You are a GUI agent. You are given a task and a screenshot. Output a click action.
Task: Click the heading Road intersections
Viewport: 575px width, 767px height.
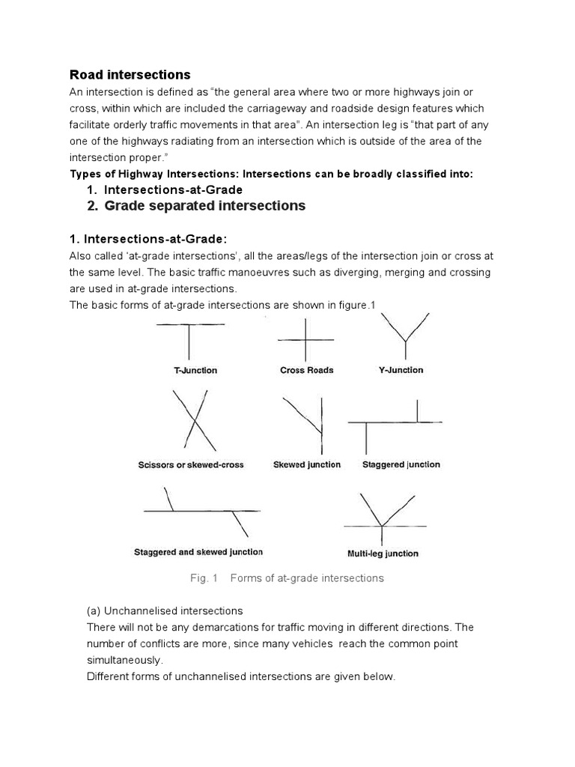(x=130, y=75)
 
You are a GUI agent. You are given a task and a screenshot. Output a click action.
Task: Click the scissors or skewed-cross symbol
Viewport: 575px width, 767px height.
(x=194, y=421)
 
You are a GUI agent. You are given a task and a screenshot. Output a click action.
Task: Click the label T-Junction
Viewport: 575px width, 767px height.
(x=190, y=370)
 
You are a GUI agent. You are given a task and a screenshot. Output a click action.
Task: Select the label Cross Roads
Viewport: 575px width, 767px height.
(x=307, y=370)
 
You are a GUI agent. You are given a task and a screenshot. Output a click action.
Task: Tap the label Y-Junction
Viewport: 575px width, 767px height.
(x=397, y=370)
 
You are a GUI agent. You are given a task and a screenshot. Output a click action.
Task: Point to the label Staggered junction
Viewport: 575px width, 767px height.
(x=401, y=464)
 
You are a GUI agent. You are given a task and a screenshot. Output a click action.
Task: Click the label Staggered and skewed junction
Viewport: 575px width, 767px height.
(x=198, y=552)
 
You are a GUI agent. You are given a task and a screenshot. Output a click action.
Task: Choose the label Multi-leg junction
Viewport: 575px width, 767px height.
(x=383, y=554)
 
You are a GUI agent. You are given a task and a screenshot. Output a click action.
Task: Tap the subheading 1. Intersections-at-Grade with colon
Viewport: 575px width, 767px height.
(x=147, y=239)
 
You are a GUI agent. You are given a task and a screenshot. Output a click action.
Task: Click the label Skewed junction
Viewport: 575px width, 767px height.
(x=307, y=464)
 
